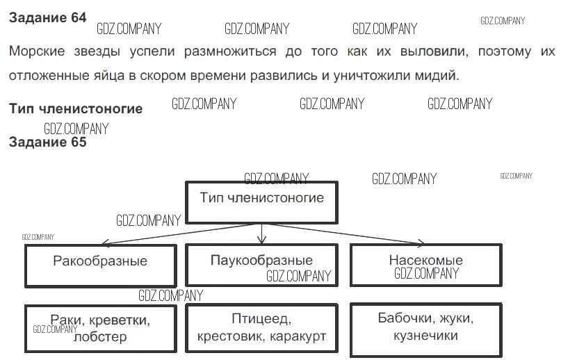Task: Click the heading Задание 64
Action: [x=47, y=18]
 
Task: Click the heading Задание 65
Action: [x=47, y=142]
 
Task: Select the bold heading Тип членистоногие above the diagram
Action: [x=76, y=108]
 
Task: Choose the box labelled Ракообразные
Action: [x=100, y=265]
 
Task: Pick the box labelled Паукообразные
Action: [x=261, y=265]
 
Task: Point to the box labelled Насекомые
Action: [x=425, y=265]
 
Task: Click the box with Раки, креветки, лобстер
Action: [x=100, y=328]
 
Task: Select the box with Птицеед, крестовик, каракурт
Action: [x=261, y=328]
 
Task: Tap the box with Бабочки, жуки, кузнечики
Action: [x=425, y=327]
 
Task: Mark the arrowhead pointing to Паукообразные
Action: [x=261, y=240]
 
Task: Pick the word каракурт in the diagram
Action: [x=297, y=337]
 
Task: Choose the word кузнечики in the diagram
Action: [x=425, y=336]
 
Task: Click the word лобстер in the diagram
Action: [x=100, y=337]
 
